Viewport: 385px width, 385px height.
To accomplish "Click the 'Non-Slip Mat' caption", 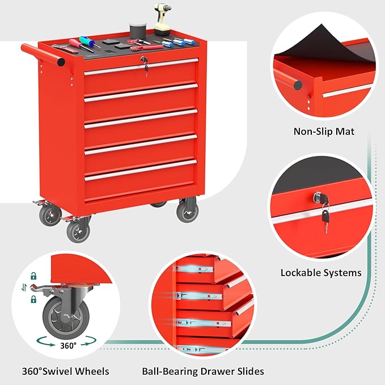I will (x=323, y=132).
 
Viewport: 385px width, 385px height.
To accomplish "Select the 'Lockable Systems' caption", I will (x=321, y=273).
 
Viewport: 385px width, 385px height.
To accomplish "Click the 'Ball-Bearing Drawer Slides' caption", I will (x=202, y=371).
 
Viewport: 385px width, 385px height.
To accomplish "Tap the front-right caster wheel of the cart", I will (x=187, y=211).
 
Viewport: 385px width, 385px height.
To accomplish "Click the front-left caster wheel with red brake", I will (x=78, y=230).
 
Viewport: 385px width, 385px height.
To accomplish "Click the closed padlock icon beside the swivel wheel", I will (x=33, y=298).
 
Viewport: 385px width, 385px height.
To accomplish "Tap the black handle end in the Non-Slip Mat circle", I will (x=297, y=85).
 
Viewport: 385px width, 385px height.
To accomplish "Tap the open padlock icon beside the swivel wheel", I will (x=33, y=276).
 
